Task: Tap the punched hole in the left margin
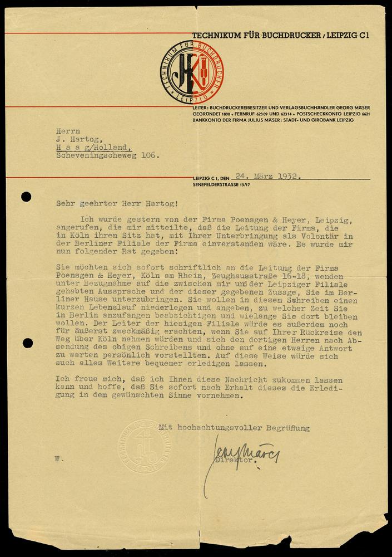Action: point(26,197)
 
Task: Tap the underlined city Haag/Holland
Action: point(94,148)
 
